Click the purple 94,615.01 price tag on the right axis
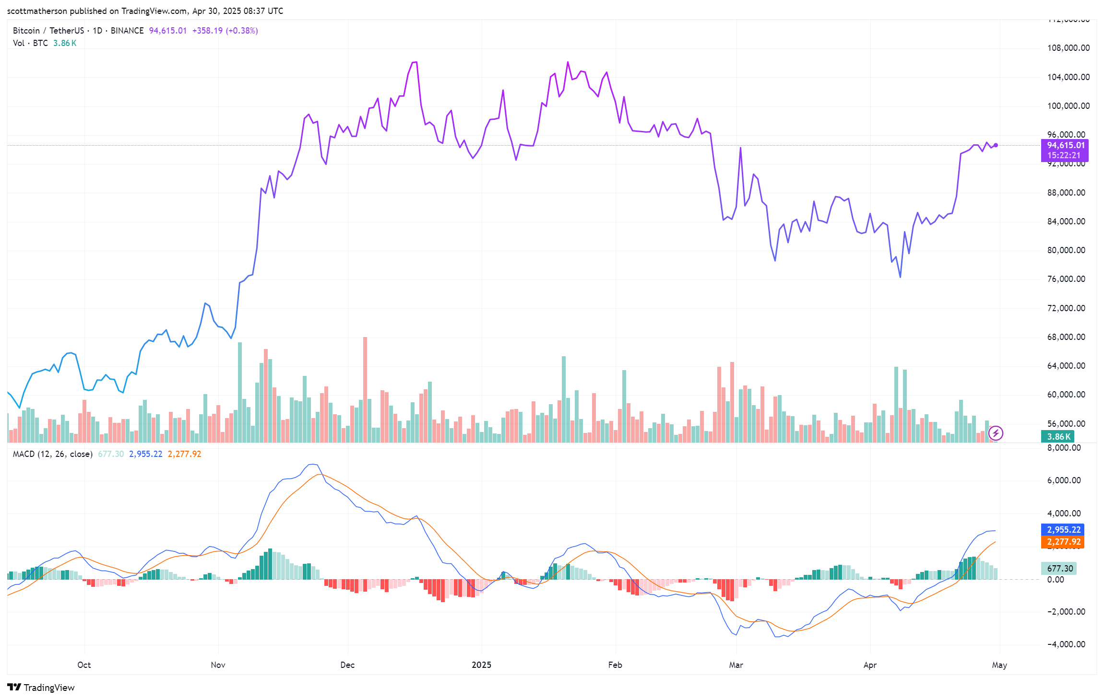tap(1065, 146)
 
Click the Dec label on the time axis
tap(347, 665)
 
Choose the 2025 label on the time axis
tap(481, 665)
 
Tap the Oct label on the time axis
tap(84, 665)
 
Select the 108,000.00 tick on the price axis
tap(1068, 48)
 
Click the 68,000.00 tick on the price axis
tap(1066, 337)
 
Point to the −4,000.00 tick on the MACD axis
tap(1065, 644)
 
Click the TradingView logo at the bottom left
tap(41, 688)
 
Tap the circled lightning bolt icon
tap(996, 433)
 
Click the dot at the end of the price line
tap(996, 145)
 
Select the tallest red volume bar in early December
tap(365, 388)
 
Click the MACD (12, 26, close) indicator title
tap(52, 454)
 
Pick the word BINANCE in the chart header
tap(127, 31)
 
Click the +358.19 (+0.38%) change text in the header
tap(225, 31)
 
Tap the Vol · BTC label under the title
tap(30, 43)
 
